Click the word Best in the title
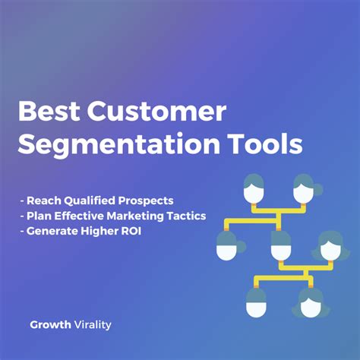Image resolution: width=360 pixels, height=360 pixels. tap(47, 112)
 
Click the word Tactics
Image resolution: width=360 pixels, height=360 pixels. tap(187, 216)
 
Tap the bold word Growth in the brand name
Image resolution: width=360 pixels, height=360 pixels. tap(51, 324)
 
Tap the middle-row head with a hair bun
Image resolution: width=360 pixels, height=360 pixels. tap(227, 245)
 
